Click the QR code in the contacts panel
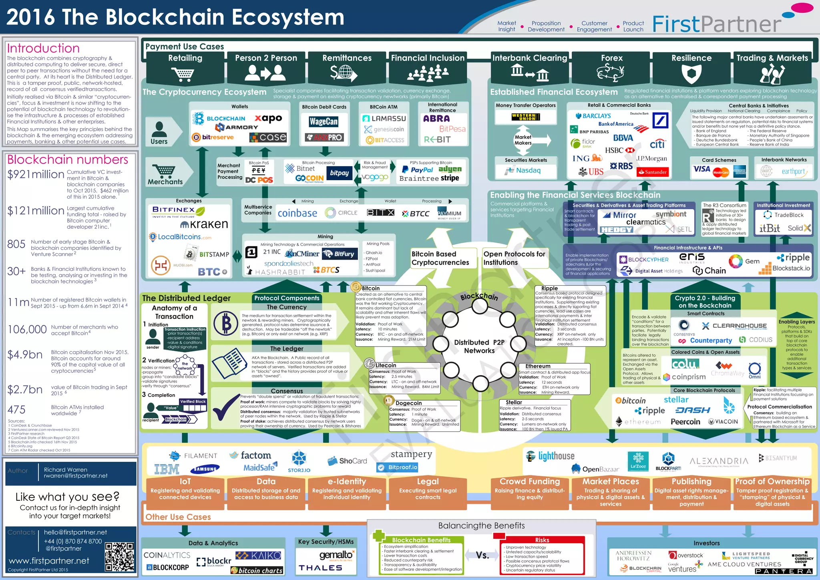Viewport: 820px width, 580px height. pyautogui.click(x=119, y=557)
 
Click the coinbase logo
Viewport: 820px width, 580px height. pyautogui.click(x=297, y=213)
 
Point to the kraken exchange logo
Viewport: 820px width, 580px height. pyautogui.click(x=204, y=224)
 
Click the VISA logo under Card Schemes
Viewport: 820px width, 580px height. pyautogui.click(x=701, y=169)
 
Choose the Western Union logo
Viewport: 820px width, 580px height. pyautogui.click(x=526, y=117)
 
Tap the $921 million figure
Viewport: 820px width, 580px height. pyautogui.click(x=36, y=175)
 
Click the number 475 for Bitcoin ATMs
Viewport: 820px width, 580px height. pyautogui.click(x=16, y=410)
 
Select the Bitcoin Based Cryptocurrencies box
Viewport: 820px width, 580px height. pyautogui.click(x=440, y=258)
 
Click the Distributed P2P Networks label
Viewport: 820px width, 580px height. pyautogui.click(x=479, y=346)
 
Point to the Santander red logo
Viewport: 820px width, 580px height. pyautogui.click(x=653, y=172)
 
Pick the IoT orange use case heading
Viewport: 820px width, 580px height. pyautogui.click(x=185, y=481)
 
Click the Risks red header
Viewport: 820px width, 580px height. pyautogui.click(x=542, y=540)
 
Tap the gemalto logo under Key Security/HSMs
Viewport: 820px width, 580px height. pyautogui.click(x=336, y=555)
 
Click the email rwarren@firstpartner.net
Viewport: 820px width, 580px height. pyautogui.click(x=76, y=476)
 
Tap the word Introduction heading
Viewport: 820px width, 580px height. pyautogui.click(x=43, y=48)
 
